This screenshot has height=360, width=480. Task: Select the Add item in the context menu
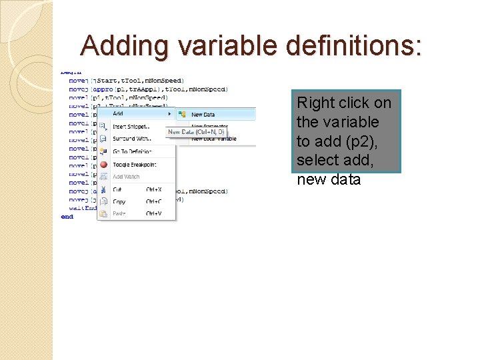pos(118,114)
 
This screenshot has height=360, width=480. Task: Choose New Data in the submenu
pos(203,115)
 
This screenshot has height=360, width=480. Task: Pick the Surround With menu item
pos(131,139)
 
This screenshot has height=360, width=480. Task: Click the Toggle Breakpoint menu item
pos(135,164)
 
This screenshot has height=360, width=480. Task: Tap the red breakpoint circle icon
pos(103,164)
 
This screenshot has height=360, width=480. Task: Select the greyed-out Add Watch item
pos(126,177)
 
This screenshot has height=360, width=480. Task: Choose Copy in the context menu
pos(119,201)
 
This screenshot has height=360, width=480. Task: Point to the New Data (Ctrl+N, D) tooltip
pos(196,132)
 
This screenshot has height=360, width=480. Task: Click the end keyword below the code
pos(67,217)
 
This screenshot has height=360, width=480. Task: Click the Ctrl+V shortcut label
pos(153,213)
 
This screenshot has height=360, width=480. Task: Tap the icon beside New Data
pos(182,115)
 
